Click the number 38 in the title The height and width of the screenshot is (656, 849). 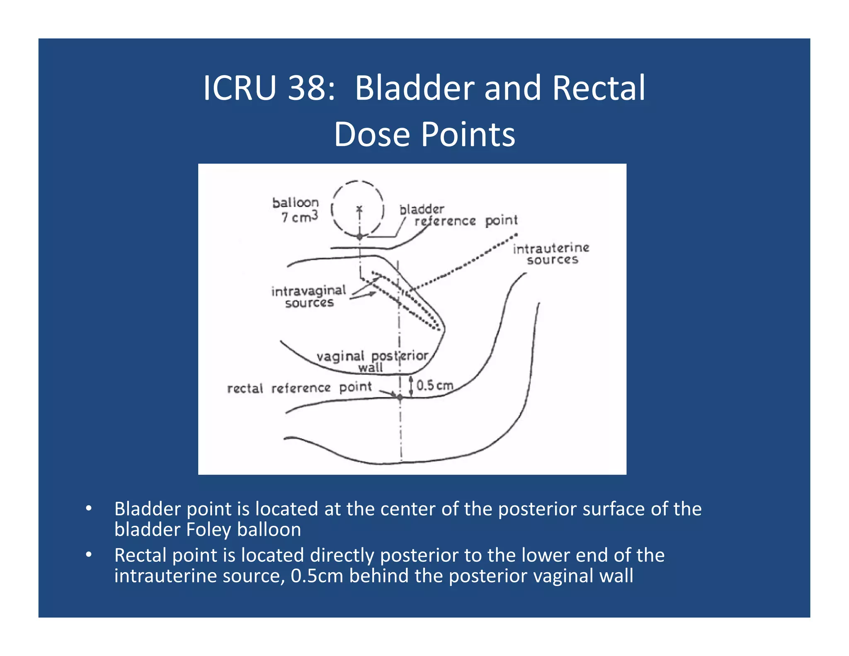306,88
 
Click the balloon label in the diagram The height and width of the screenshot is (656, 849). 296,203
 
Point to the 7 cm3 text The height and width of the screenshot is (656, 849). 300,217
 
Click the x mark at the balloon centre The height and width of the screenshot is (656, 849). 359,208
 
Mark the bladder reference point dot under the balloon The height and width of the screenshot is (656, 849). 360,236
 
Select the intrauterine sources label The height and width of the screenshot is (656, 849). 551,254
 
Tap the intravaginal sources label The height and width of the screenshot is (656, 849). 309,296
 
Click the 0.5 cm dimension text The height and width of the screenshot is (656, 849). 434,385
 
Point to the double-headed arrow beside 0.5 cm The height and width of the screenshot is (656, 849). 411,386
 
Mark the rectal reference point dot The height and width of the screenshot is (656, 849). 400,397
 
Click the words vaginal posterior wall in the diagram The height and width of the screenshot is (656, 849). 372,361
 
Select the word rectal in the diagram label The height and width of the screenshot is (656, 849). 245,389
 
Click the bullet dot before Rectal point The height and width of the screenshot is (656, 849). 88,554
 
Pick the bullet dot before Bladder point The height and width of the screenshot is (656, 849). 88,508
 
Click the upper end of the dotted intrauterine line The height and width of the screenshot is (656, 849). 515,235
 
